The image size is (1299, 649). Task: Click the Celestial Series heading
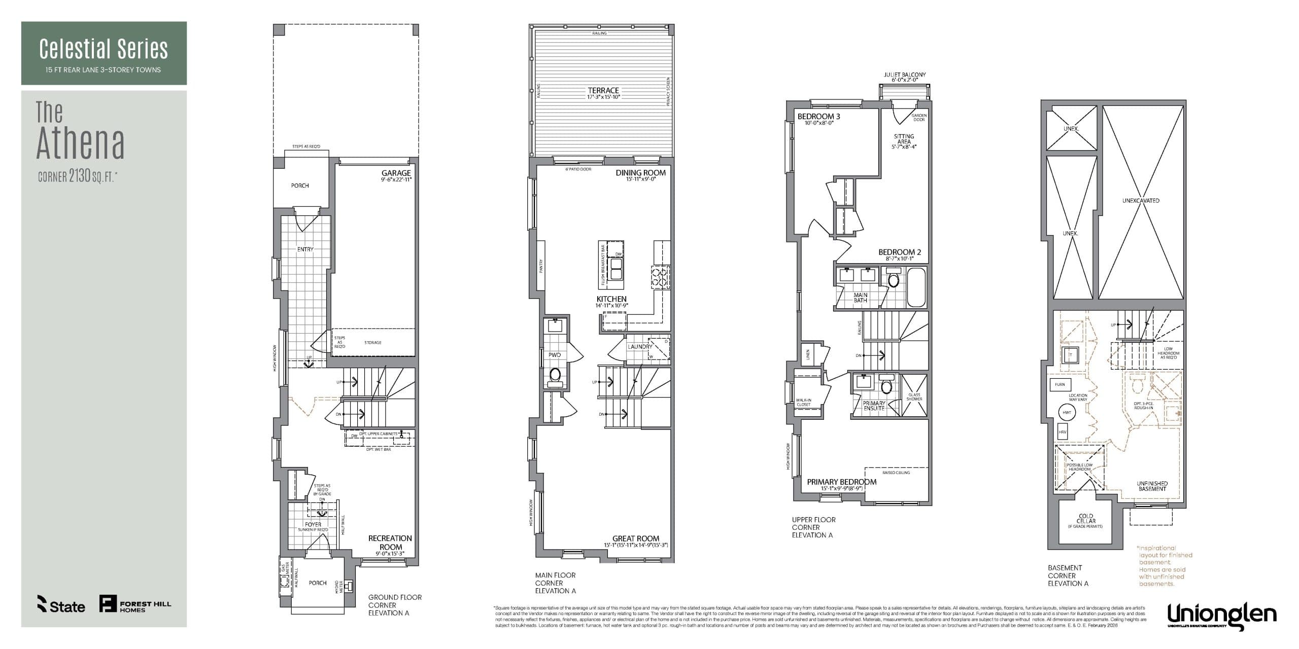tap(104, 49)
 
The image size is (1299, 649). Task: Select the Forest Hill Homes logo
tap(135, 603)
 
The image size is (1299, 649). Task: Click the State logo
tap(61, 604)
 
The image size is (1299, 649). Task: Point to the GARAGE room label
tap(396, 173)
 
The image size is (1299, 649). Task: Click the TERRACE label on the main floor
tap(603, 91)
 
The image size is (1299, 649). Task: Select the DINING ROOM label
tap(640, 173)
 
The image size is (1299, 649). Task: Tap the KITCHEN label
tap(611, 299)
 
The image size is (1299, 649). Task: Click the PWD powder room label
tap(554, 355)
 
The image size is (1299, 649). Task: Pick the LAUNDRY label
tap(639, 347)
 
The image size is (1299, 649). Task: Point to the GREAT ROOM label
tap(635, 538)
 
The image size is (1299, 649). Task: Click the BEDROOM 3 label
tap(818, 117)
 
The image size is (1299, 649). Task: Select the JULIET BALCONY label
tap(904, 75)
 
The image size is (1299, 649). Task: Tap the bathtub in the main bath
tap(916, 287)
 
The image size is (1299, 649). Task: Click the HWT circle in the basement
tap(1067, 412)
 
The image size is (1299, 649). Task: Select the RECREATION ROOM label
tap(390, 543)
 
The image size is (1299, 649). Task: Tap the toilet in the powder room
tap(555, 375)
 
